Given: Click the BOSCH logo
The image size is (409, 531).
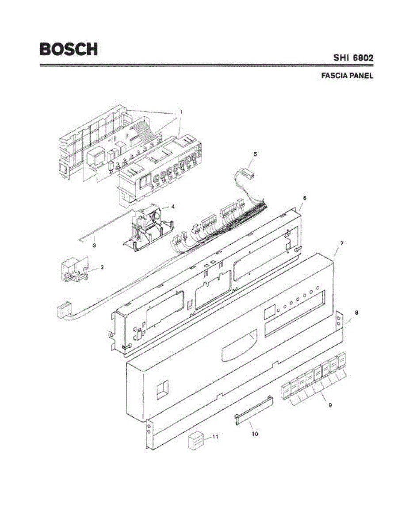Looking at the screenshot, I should (x=69, y=49).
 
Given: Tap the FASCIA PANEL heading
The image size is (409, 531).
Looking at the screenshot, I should (x=347, y=76).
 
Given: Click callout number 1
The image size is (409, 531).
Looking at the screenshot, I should (x=181, y=113).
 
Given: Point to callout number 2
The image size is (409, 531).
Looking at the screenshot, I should (x=102, y=267).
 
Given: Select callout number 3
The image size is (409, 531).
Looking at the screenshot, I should (x=94, y=244).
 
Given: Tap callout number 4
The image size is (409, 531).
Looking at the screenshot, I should (x=173, y=206).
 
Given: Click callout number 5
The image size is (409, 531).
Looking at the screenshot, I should (x=255, y=154).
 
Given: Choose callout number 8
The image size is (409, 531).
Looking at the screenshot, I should (x=356, y=312).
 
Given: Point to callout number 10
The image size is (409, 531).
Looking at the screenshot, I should (x=255, y=434).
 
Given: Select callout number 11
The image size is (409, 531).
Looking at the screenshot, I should (x=215, y=437).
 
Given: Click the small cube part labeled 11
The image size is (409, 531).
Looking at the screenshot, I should (x=195, y=441).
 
